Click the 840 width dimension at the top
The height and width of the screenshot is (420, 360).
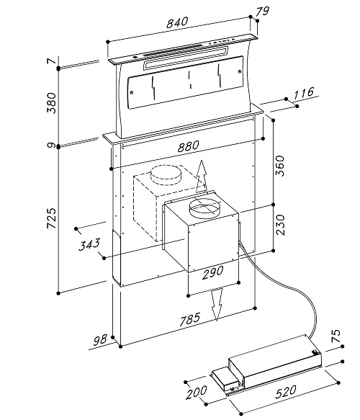[177, 22]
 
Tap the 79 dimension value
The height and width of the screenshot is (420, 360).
[262, 12]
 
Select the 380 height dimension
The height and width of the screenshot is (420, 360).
[52, 103]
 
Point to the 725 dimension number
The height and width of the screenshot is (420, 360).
[52, 218]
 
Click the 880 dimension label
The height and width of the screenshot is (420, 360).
[189, 146]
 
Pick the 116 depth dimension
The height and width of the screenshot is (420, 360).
[304, 93]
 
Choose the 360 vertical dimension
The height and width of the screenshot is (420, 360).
[280, 166]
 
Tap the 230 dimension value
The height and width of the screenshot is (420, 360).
[280, 225]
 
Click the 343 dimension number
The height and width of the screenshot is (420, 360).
[89, 244]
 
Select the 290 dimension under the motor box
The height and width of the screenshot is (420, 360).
[212, 273]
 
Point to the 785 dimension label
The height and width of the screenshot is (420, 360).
[190, 319]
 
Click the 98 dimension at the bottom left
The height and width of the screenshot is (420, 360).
[100, 339]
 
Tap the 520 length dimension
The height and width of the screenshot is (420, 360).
[286, 392]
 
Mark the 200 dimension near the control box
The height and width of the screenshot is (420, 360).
[197, 393]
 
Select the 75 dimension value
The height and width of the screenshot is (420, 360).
[336, 336]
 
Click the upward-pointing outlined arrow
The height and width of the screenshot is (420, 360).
[202, 177]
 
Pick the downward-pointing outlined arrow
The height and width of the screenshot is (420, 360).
[217, 304]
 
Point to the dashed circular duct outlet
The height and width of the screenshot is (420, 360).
[166, 176]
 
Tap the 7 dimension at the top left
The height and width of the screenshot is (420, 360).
[51, 61]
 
